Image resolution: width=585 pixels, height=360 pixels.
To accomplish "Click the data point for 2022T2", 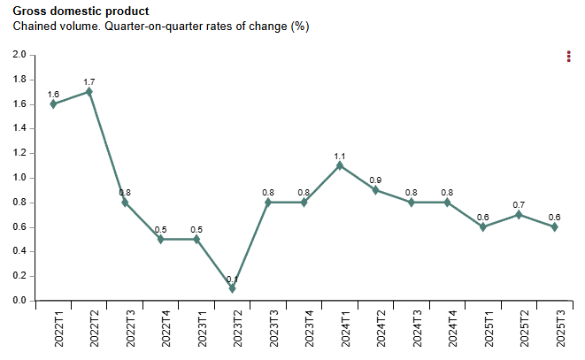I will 89,91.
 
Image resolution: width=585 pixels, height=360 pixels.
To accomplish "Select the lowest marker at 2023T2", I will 233,288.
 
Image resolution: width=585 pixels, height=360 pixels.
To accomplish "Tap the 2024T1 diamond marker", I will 340,165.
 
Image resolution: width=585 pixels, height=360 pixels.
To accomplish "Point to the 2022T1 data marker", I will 54,103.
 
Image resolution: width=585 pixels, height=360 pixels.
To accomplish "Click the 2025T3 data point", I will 554,226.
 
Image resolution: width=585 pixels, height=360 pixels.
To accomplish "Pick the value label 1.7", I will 89,82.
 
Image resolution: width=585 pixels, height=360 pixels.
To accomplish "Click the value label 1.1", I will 340,157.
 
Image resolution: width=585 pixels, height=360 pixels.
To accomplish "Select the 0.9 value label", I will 375,180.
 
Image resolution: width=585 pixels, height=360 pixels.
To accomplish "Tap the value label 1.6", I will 53,95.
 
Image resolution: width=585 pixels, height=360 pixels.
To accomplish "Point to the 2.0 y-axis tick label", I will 19,55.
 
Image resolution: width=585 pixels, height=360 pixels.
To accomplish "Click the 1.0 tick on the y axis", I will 19,178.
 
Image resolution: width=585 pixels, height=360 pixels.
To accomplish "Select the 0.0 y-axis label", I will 19,301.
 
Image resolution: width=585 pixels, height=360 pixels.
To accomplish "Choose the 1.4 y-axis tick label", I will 19,128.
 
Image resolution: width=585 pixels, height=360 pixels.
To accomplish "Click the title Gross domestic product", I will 81,11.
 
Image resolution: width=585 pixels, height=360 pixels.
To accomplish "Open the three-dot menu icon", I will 569,57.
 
